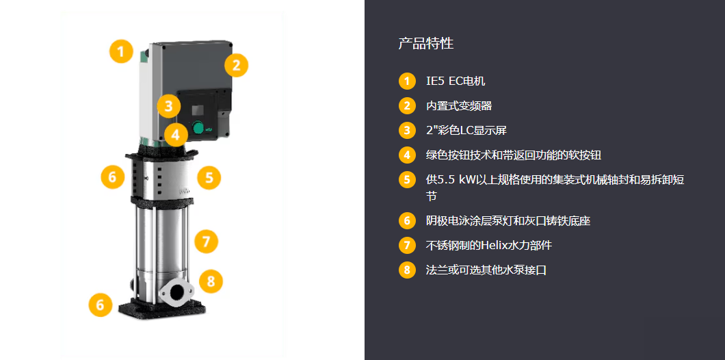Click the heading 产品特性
pos(426,44)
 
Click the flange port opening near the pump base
pos(178,292)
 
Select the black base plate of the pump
pos(161,308)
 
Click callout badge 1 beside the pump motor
pos(121,51)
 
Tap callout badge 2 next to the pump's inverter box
pos(236,65)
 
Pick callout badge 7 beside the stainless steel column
pos(207,241)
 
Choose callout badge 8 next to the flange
pos(211,281)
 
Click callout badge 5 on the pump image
pos(209,177)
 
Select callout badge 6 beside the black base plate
pos(101,305)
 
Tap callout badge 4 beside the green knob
pos(175,136)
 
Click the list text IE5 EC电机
pos(456,81)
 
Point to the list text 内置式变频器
pos(459,106)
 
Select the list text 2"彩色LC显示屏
pos(466,131)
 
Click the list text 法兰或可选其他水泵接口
pos(486,270)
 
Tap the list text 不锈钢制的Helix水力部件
pos(489,245)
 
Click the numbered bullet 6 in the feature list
pos(407,220)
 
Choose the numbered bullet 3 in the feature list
pos(407,131)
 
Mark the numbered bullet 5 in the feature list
pos(407,179)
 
